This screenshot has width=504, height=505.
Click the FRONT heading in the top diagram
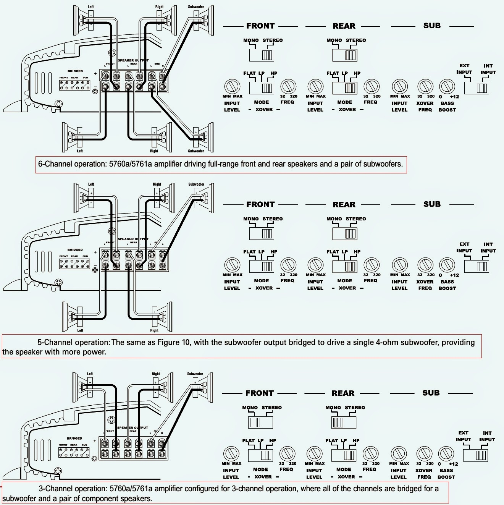(260, 26)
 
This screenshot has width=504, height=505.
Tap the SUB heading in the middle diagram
(432, 204)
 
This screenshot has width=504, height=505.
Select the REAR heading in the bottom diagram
(343, 393)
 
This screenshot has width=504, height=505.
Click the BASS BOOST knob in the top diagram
(447, 87)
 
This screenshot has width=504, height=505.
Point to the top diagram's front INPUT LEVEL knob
(232, 87)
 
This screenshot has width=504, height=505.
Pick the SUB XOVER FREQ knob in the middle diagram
(425, 265)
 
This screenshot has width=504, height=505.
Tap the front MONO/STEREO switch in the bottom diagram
(261, 422)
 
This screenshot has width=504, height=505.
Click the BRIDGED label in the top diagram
(75, 71)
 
